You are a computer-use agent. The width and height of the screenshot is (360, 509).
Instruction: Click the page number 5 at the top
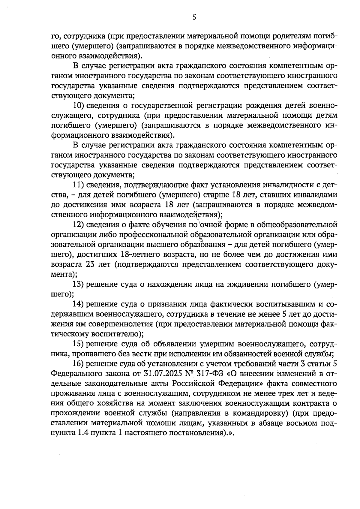194,17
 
